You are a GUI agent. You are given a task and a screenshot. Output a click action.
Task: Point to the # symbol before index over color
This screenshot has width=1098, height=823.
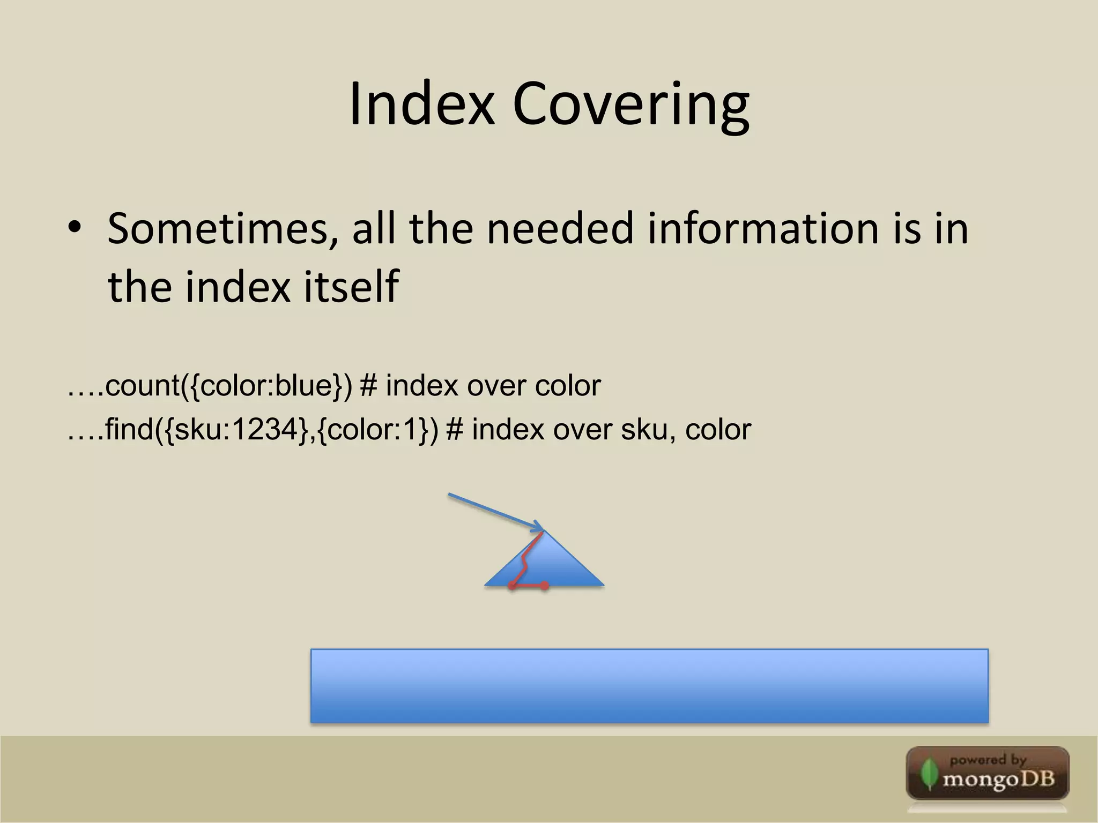(368, 386)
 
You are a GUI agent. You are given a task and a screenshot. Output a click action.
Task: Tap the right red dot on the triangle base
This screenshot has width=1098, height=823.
(545, 586)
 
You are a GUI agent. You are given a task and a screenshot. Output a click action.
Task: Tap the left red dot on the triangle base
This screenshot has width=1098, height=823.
(512, 586)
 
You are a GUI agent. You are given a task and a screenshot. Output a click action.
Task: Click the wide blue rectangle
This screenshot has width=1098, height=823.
(649, 686)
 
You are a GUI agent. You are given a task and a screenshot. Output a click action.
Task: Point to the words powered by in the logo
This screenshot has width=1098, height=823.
(988, 760)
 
